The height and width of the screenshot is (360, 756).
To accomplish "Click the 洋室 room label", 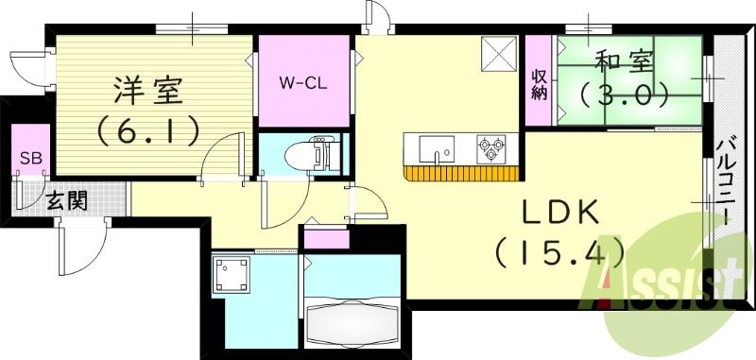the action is pos(148,90).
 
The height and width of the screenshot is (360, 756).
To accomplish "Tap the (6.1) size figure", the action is pos(148,130).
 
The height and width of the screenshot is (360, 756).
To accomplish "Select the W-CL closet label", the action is pos(303,83).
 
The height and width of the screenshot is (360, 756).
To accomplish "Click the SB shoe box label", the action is pos(30,157).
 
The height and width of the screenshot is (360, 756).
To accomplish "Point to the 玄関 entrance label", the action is pos(67,202).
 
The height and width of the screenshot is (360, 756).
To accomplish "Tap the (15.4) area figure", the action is pos(559,252).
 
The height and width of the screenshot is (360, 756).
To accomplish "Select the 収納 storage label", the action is pos(539,85).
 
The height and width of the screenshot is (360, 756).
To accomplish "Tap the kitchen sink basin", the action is pos(437,149).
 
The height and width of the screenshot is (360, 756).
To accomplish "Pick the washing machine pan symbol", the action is pos(232,274).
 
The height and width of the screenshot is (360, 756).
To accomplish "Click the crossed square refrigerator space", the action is pos(499,54).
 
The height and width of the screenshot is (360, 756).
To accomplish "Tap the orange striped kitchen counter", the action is pos(461,174).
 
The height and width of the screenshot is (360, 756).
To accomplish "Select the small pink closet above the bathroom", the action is pos(327,239).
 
